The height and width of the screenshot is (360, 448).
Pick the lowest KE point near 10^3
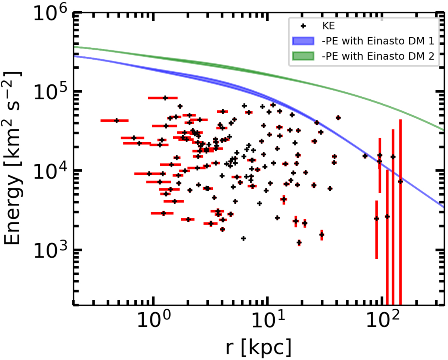tap(299, 243)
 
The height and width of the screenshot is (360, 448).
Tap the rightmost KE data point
tap(400, 182)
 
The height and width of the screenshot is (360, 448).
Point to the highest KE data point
tap(165, 98)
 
